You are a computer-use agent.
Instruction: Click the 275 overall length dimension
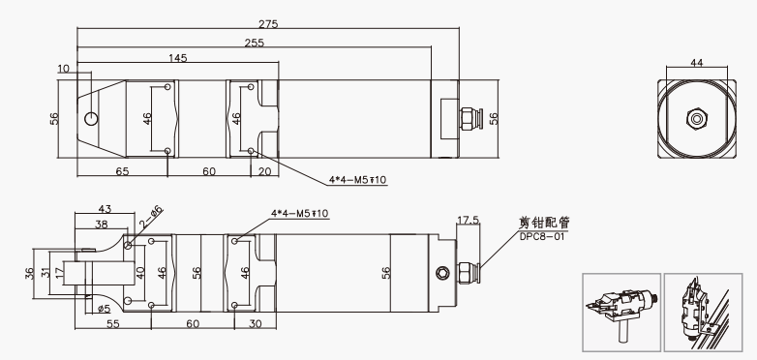click(268, 24)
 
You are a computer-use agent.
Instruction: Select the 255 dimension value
click(255, 43)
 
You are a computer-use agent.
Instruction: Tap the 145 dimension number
click(178, 58)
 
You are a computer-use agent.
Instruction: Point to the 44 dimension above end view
click(697, 62)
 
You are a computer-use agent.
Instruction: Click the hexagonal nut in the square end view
click(696, 119)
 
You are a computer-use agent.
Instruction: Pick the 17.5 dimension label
click(469, 220)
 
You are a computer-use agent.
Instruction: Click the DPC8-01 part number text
click(542, 237)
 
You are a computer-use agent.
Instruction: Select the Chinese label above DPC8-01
click(544, 223)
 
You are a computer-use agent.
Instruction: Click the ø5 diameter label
click(104, 309)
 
